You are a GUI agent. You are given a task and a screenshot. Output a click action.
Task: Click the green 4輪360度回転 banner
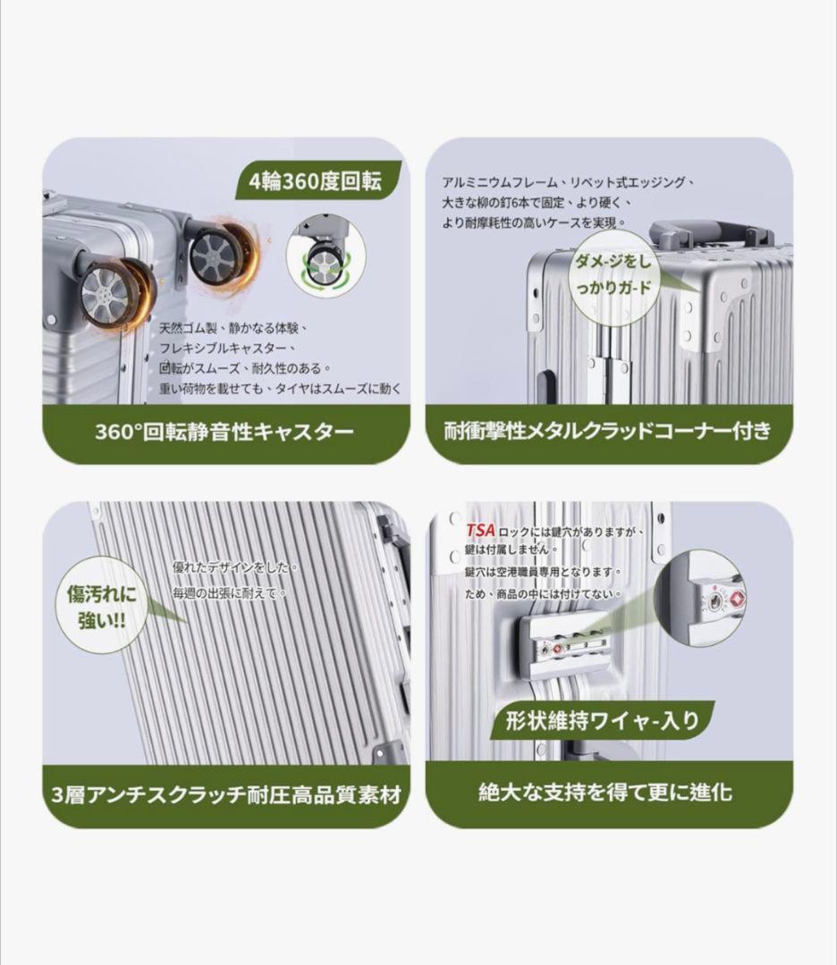coord(317,180)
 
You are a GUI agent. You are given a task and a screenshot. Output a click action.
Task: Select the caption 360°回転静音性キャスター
coord(224,432)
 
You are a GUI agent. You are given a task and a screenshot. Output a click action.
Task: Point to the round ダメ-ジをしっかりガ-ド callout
coord(613,275)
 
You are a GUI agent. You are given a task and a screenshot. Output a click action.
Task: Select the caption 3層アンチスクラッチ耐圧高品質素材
coord(226,794)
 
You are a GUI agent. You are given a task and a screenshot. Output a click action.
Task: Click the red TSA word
coord(480,530)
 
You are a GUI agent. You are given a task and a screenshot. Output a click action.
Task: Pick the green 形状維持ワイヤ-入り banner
coord(602,721)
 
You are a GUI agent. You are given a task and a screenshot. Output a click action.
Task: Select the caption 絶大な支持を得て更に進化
coord(605,792)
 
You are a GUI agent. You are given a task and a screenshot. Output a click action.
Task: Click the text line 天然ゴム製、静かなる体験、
coord(233,328)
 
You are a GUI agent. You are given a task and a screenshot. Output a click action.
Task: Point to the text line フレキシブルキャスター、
coord(229,348)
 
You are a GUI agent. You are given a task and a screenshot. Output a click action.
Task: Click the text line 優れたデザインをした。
coord(234,567)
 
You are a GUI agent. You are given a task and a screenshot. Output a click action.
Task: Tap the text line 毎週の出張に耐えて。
coord(229,593)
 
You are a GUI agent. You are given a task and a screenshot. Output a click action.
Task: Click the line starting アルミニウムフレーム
coord(569,182)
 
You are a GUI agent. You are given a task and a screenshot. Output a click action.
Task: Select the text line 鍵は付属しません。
coord(511,549)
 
